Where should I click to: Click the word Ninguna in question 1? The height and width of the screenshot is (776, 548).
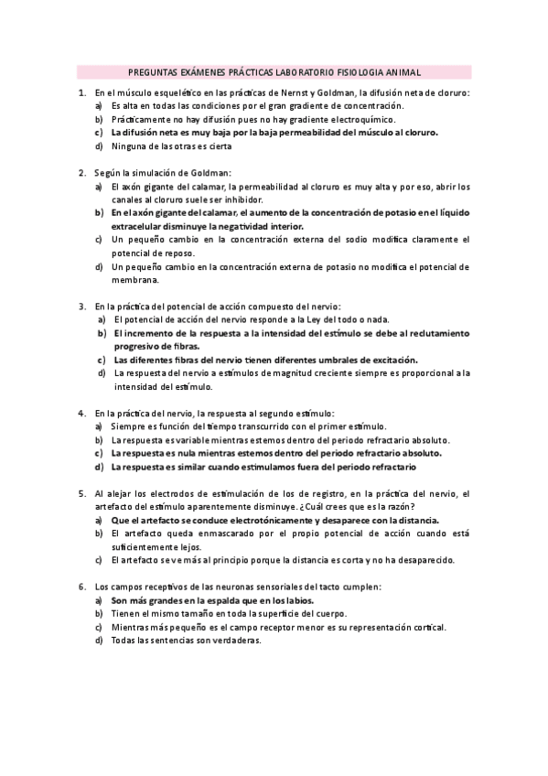(131, 145)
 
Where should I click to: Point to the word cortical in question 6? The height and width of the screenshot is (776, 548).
(428, 628)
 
